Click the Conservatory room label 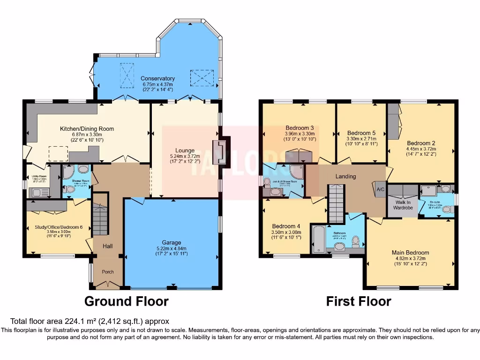pyautogui.click(x=158, y=78)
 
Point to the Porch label pyautogui.click(x=107, y=272)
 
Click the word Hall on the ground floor pyautogui.click(x=107, y=246)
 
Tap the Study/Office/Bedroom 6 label pyautogui.click(x=59, y=227)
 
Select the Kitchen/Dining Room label pyautogui.click(x=87, y=128)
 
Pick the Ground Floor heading pyautogui.click(x=126, y=301)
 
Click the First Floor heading pyautogui.click(x=359, y=301)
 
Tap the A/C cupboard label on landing pyautogui.click(x=379, y=190)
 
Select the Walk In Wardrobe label pyautogui.click(x=403, y=204)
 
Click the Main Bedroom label pyautogui.click(x=410, y=253)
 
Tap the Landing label pyautogui.click(x=346, y=176)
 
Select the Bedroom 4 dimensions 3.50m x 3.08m pyautogui.click(x=287, y=232)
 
